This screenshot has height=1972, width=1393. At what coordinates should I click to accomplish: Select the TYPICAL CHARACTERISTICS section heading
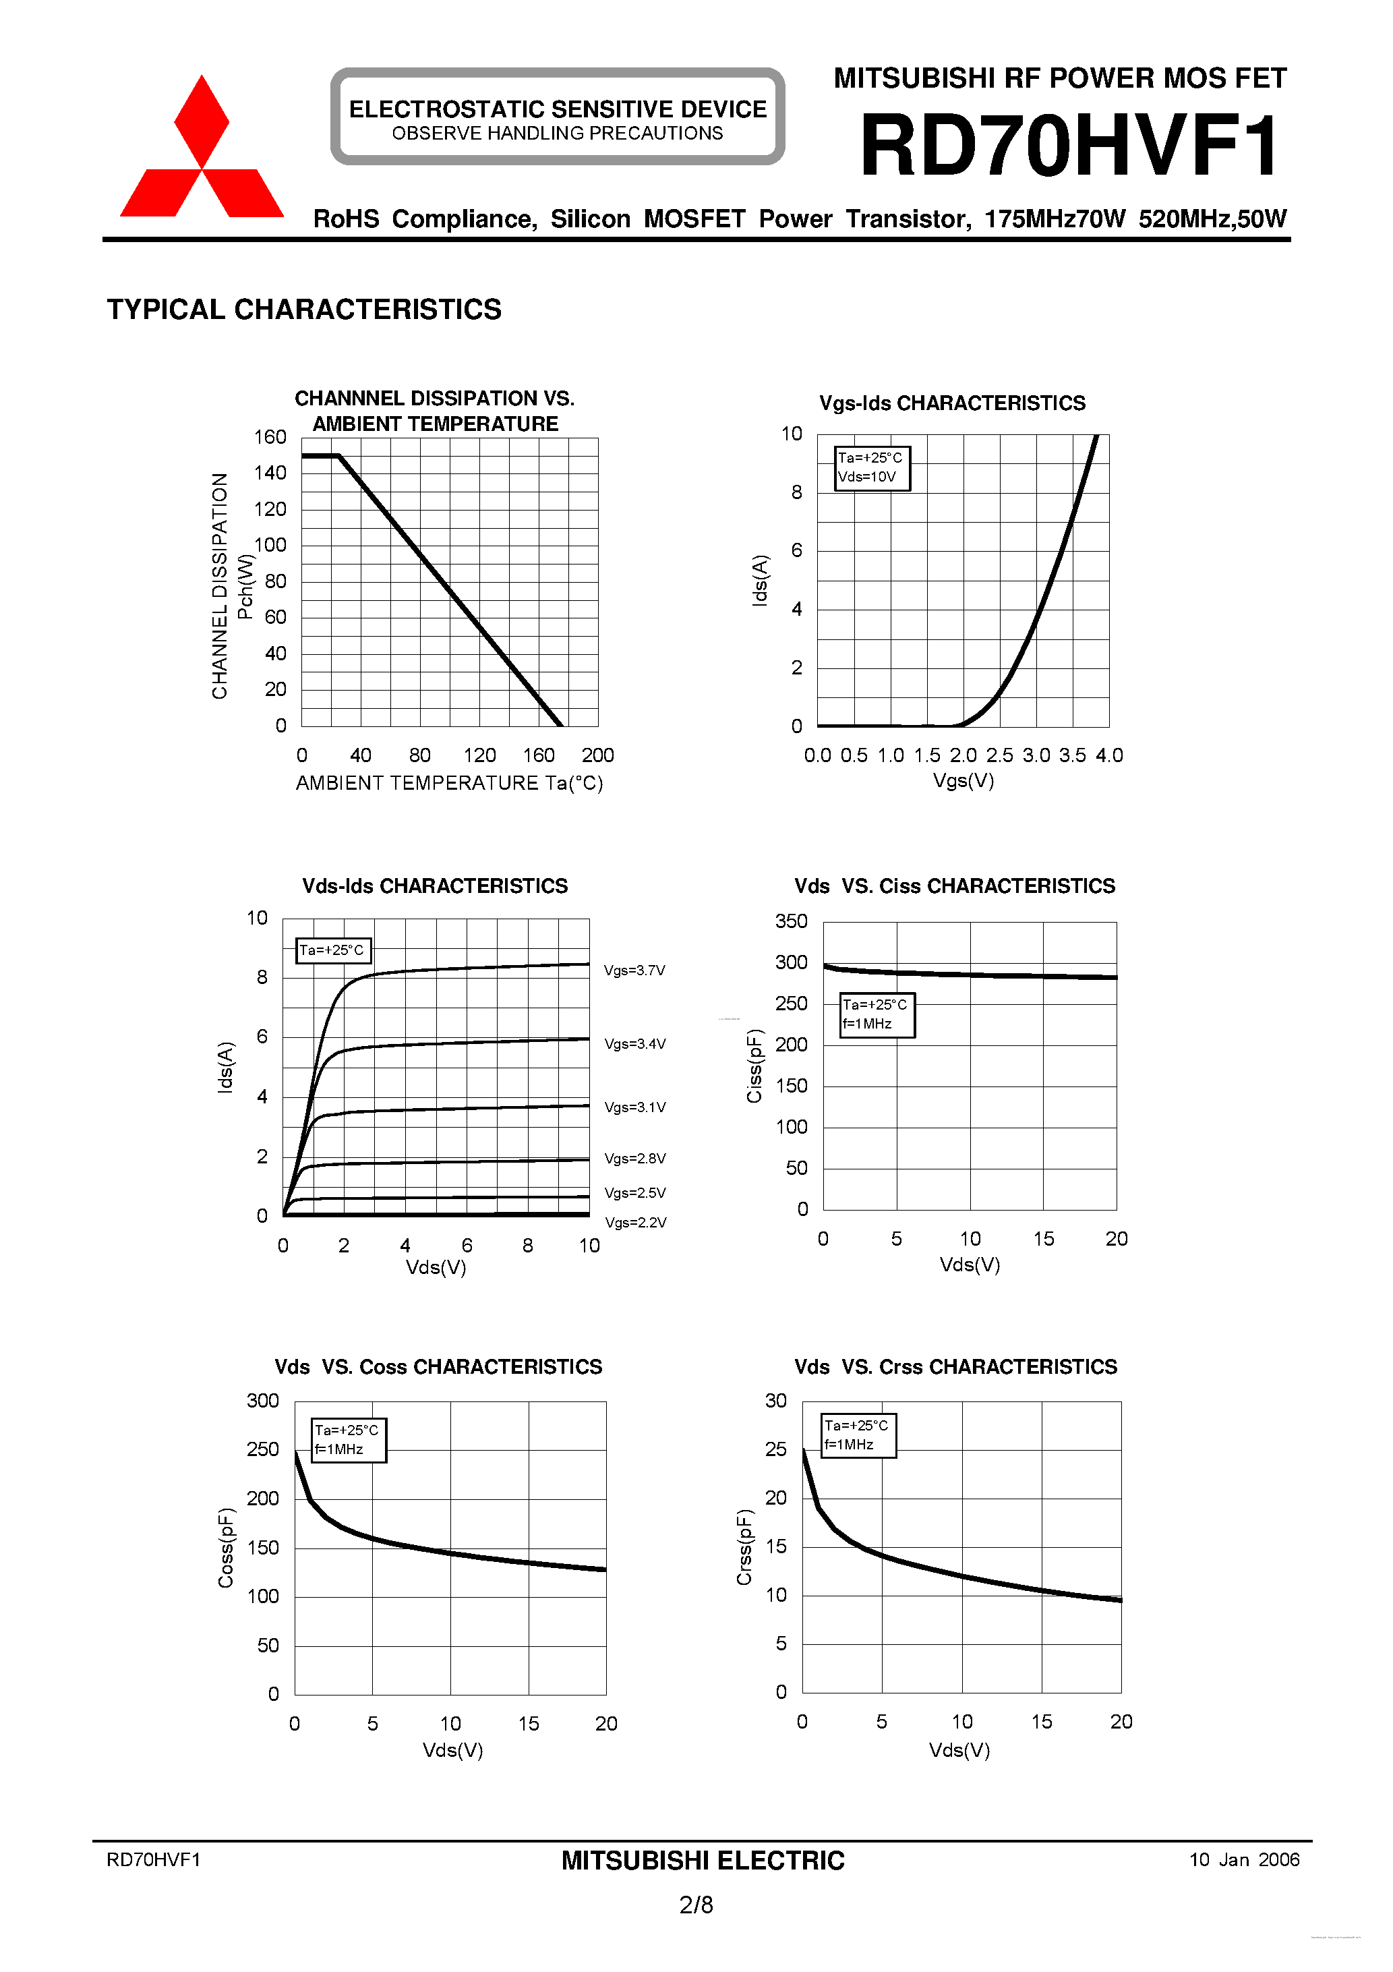coord(304,309)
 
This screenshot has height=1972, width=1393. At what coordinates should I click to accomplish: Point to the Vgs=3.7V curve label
coord(634,970)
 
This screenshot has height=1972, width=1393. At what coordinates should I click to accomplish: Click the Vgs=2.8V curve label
coord(634,1159)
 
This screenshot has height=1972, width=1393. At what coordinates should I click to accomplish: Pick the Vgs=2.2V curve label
coord(636,1222)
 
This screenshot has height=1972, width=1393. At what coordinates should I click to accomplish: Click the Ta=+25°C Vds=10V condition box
coord(871,468)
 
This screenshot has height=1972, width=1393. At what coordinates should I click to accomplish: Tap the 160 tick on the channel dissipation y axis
coord(270,437)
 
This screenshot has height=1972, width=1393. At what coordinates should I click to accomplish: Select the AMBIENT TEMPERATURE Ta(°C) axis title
coord(449,783)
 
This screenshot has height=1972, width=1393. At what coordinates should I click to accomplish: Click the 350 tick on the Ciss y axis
coord(791,921)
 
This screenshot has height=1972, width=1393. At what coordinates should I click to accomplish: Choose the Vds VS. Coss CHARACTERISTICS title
coord(438,1366)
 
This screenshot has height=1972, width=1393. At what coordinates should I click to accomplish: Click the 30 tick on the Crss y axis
coord(775,1401)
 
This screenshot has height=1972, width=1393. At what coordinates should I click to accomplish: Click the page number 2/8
coord(696,1905)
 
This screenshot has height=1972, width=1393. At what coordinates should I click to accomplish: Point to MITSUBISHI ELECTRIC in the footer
coord(703,1861)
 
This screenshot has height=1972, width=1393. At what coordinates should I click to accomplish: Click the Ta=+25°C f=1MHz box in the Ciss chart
coord(876,1014)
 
